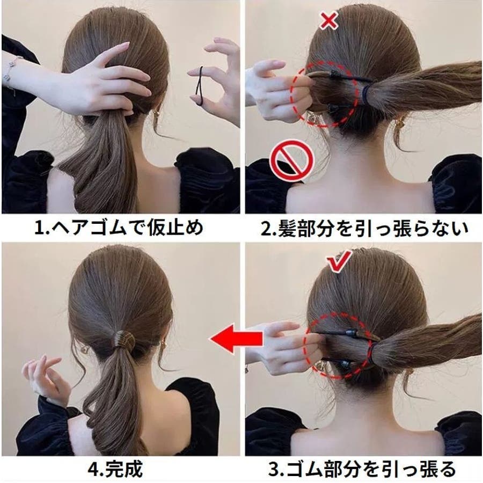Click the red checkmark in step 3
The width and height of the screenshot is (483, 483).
pos(340,262)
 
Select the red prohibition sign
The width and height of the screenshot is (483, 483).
pos(291,160)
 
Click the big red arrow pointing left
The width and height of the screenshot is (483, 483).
pos(237,338)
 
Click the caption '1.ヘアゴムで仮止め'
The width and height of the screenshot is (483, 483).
pos(119,228)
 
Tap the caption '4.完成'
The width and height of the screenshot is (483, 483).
pos(115,469)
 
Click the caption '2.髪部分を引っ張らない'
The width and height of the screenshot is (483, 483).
pos(364,228)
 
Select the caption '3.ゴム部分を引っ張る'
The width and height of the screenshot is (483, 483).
pos(362,469)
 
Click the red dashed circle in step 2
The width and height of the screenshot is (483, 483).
pos(325,94)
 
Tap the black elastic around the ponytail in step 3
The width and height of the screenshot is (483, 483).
pos(372,355)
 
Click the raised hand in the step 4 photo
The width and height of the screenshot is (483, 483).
pos(46,379)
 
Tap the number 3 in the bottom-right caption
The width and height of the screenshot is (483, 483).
pos(273,470)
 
